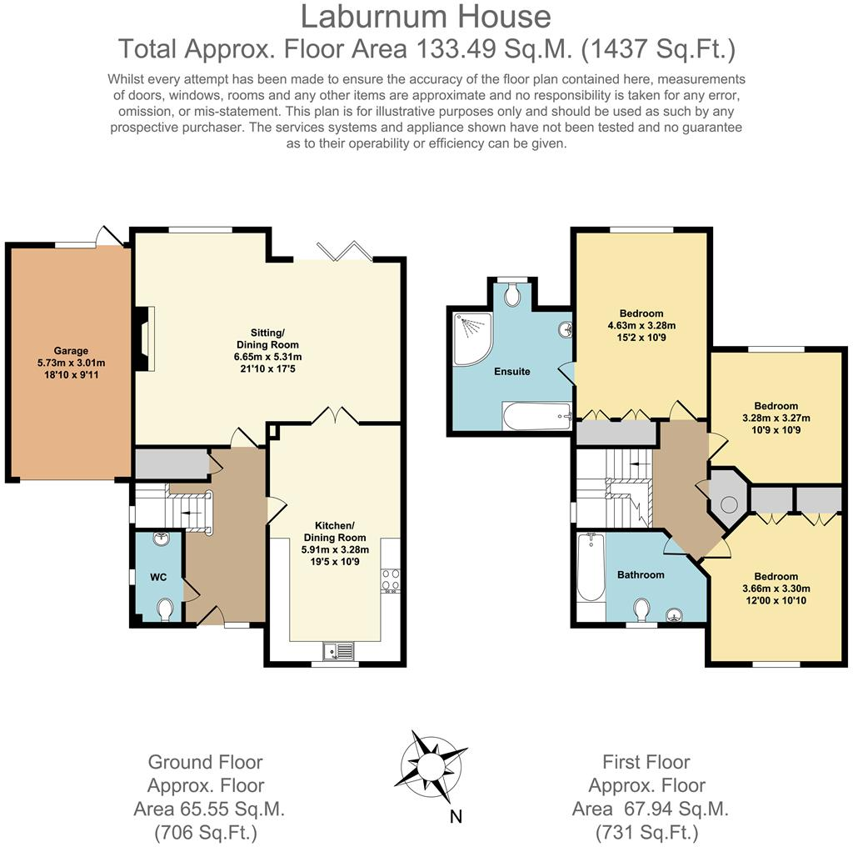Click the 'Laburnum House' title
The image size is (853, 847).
tap(426, 17)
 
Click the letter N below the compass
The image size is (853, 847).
tap(456, 816)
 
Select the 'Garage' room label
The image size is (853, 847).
tap(71, 351)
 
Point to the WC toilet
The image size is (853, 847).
tap(166, 609)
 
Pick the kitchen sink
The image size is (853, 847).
tap(341, 650)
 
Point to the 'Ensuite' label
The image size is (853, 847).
tap(511, 371)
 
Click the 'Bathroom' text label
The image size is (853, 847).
tap(641, 574)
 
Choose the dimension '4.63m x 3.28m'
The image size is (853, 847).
tap(641, 326)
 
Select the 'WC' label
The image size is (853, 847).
tap(158, 577)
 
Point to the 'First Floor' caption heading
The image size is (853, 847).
tap(646, 762)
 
